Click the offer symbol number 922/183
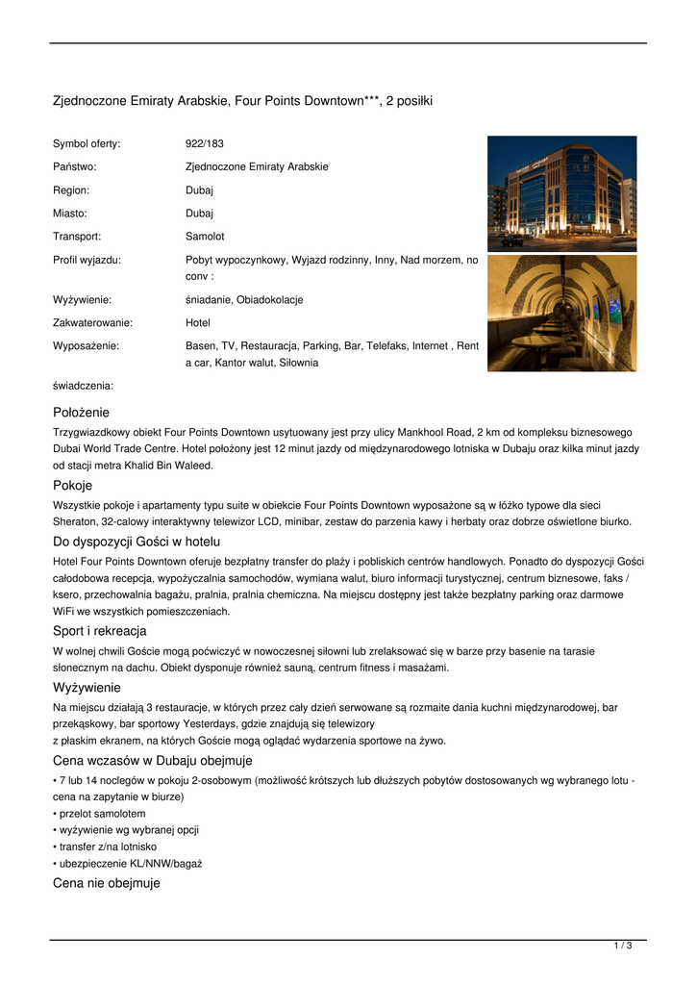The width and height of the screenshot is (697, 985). (x=204, y=143)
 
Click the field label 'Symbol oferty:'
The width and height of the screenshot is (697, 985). (x=87, y=143)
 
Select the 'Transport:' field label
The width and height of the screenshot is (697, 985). (x=77, y=236)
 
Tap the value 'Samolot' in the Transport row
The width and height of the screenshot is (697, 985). (x=205, y=236)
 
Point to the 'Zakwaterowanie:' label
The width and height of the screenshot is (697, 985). (x=92, y=323)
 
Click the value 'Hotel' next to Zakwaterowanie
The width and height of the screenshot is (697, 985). (x=198, y=323)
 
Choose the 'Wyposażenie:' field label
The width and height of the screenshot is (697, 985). (x=86, y=345)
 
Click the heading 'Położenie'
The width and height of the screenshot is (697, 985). (x=81, y=412)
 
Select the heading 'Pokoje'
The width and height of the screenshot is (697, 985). (x=72, y=486)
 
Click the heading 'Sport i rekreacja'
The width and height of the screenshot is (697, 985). (x=99, y=631)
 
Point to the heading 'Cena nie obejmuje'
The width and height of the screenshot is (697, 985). (x=106, y=883)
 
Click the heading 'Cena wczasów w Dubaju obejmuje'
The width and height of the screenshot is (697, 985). (x=152, y=760)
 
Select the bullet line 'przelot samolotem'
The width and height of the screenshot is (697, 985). (x=102, y=813)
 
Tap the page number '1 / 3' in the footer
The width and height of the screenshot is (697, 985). (x=622, y=947)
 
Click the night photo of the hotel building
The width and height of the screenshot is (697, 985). (x=561, y=192)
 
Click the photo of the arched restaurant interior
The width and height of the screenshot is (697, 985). (x=561, y=313)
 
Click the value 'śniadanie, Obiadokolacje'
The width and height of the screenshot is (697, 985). (x=244, y=300)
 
